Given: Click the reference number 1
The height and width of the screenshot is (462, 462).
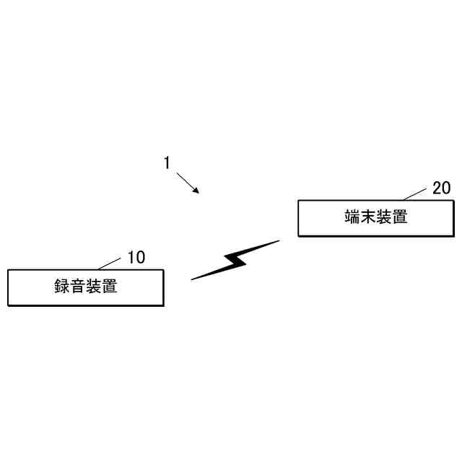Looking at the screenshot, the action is click(x=167, y=163).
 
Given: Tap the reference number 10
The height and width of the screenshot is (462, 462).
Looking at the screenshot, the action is click(x=136, y=257).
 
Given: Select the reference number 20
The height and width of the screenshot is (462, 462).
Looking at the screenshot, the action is click(x=441, y=188).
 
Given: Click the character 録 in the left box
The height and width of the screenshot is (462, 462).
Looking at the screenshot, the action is click(x=62, y=287).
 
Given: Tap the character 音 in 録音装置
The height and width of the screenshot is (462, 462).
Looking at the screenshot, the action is click(x=78, y=287).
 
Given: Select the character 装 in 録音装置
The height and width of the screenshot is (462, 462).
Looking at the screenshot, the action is click(x=94, y=287).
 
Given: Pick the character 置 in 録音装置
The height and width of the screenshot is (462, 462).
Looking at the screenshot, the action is click(x=110, y=287).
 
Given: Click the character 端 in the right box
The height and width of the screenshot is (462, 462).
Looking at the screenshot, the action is click(x=352, y=217).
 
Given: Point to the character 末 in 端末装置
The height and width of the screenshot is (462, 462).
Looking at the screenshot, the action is click(x=368, y=217).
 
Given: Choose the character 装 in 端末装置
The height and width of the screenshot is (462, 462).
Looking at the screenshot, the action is click(x=384, y=217).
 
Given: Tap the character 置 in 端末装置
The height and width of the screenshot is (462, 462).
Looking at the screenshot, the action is click(x=400, y=217).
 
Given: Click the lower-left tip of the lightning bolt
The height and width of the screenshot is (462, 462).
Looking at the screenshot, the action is click(x=192, y=279).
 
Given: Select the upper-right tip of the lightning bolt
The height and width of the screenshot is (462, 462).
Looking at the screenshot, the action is click(x=279, y=240).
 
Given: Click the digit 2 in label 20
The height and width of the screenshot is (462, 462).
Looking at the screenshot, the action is click(x=437, y=188).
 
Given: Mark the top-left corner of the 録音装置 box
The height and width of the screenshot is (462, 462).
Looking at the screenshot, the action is click(x=8, y=270).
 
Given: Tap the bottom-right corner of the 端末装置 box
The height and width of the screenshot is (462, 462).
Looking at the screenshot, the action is click(x=454, y=236).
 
